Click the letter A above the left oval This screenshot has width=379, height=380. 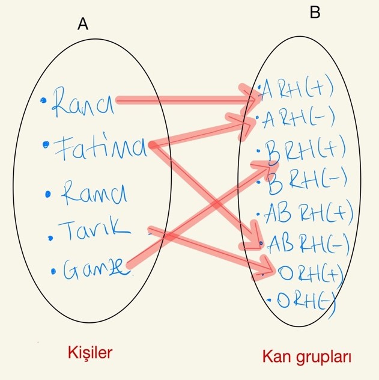tap(83, 24)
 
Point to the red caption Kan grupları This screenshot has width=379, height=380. tap(307, 357)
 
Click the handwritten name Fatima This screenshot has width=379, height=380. tap(99, 147)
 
